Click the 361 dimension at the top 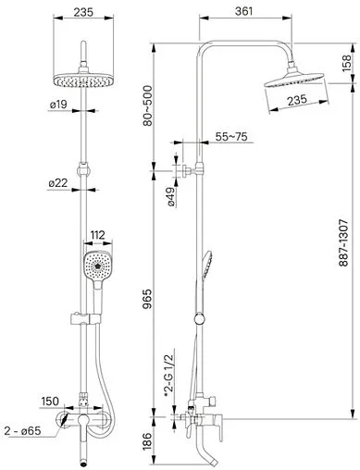click(x=243, y=11)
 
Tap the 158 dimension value click(x=346, y=63)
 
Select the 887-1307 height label click(x=343, y=242)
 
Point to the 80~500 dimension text click(x=148, y=105)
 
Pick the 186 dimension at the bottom click(x=148, y=441)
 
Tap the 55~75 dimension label click(x=231, y=136)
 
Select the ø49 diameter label click(x=171, y=197)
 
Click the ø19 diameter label click(x=58, y=105)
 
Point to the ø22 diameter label click(x=58, y=183)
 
